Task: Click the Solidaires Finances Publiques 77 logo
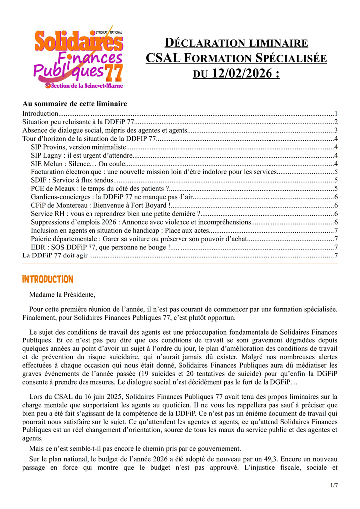[78, 59]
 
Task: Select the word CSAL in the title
[161, 58]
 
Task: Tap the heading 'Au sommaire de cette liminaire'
[75, 104]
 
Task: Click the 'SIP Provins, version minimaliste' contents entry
[79, 147]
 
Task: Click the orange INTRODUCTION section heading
[48, 279]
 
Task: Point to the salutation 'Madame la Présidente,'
[62, 295]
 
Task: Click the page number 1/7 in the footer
[333, 485]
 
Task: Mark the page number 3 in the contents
[336, 130]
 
